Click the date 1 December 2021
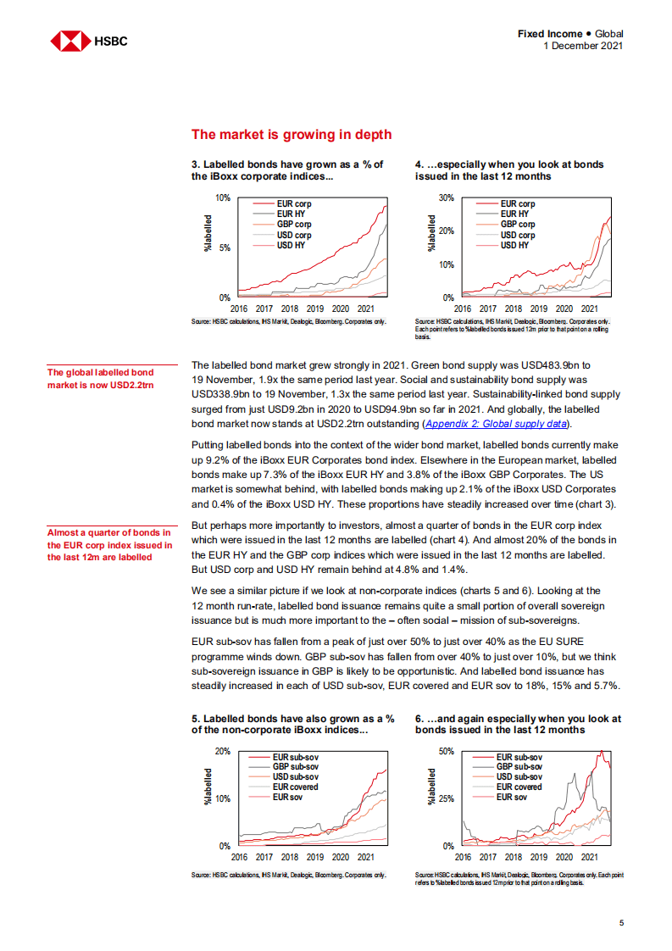tap(582, 46)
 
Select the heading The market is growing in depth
tap(292, 134)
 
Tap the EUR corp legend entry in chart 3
tap(294, 204)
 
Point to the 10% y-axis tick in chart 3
tap(222, 197)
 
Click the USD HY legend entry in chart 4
tap(514, 245)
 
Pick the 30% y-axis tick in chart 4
tap(446, 197)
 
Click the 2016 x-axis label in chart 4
tap(463, 309)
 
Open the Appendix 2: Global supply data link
tap(497, 423)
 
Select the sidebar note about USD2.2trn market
tap(101, 379)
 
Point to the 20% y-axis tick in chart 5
tap(222, 752)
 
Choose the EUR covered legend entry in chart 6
tap(519, 787)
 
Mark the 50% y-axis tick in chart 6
tap(446, 752)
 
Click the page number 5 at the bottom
tap(620, 924)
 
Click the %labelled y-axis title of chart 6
tap(431, 787)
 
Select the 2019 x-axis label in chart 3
tap(314, 309)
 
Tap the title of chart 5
tap(292, 724)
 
